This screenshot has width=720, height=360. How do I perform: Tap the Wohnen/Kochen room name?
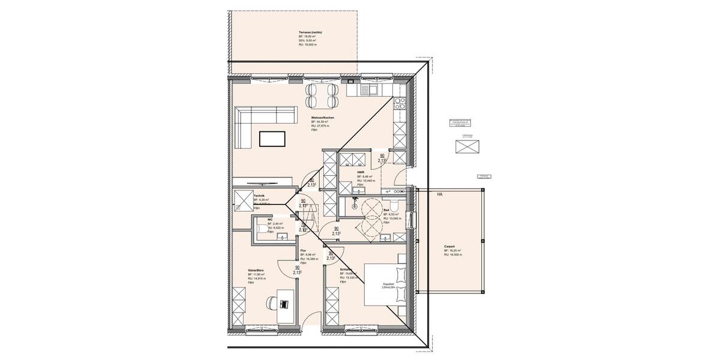[x=322, y=118]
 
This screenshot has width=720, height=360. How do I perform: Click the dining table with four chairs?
[x=322, y=94]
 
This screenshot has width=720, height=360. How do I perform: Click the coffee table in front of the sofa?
[x=272, y=139]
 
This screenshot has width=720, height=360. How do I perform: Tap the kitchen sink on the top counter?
[x=372, y=90]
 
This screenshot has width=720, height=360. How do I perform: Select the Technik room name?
[x=259, y=196]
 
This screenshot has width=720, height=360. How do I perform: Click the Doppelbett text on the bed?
[x=389, y=284]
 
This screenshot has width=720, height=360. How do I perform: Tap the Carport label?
[x=449, y=247]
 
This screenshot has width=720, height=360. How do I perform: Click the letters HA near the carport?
[x=439, y=194]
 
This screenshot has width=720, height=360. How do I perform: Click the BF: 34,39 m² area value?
[x=322, y=122]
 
